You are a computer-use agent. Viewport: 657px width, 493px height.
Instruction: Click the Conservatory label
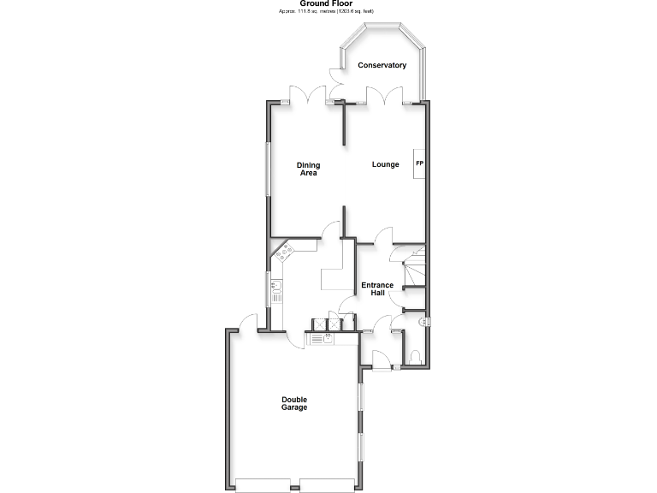(382, 66)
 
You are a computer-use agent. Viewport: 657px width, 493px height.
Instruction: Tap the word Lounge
(385, 164)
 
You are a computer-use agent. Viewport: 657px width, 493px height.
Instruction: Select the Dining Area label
(308, 169)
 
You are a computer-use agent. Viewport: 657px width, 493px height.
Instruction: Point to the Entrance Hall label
(376, 289)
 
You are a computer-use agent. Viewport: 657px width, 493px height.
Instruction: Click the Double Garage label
(295, 403)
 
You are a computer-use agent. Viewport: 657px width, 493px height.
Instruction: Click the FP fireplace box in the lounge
(419, 163)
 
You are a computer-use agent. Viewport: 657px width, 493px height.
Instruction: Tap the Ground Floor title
(326, 3)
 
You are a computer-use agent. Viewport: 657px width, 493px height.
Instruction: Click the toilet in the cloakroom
(414, 357)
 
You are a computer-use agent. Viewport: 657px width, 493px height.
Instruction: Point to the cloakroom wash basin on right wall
(423, 321)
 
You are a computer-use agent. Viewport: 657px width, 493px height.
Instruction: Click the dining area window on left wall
(268, 169)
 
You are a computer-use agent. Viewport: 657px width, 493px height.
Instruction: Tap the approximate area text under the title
(326, 11)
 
